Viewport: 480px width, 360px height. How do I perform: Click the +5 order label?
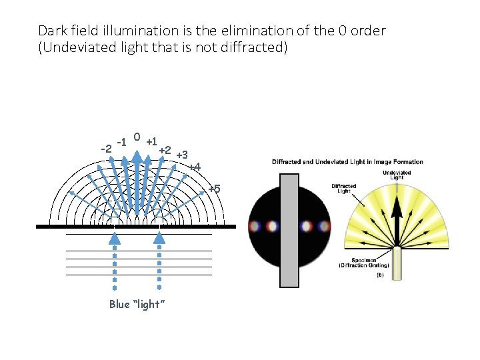(x=214, y=189)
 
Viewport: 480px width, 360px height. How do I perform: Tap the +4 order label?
(x=194, y=167)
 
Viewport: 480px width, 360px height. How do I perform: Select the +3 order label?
(x=181, y=155)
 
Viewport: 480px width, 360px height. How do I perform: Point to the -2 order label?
(x=105, y=147)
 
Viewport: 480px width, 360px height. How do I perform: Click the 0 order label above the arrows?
(x=136, y=137)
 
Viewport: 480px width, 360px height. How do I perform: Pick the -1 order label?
(x=121, y=141)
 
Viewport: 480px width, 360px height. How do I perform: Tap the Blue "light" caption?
(x=136, y=304)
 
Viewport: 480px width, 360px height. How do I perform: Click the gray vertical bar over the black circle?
(x=289, y=230)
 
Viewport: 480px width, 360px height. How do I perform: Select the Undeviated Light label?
(x=397, y=174)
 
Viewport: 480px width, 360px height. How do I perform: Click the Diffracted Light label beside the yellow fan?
(x=344, y=188)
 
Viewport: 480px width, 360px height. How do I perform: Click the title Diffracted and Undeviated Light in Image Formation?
(x=347, y=162)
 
